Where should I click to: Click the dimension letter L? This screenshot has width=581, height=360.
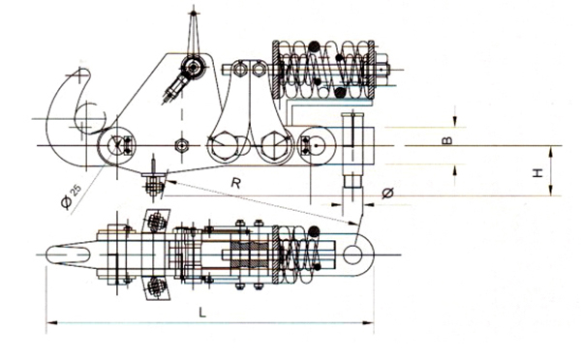click(x=202, y=313)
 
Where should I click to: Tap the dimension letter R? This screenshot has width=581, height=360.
click(x=235, y=183)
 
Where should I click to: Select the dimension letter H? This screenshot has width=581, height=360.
click(x=537, y=173)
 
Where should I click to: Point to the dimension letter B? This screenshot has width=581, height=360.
click(x=448, y=140)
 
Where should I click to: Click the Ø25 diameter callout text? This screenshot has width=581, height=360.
click(x=71, y=196)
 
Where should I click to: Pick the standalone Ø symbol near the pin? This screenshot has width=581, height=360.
click(x=388, y=193)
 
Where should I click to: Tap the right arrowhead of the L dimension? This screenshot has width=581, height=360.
click(x=368, y=322)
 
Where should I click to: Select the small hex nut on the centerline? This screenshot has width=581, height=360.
click(x=181, y=145)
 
